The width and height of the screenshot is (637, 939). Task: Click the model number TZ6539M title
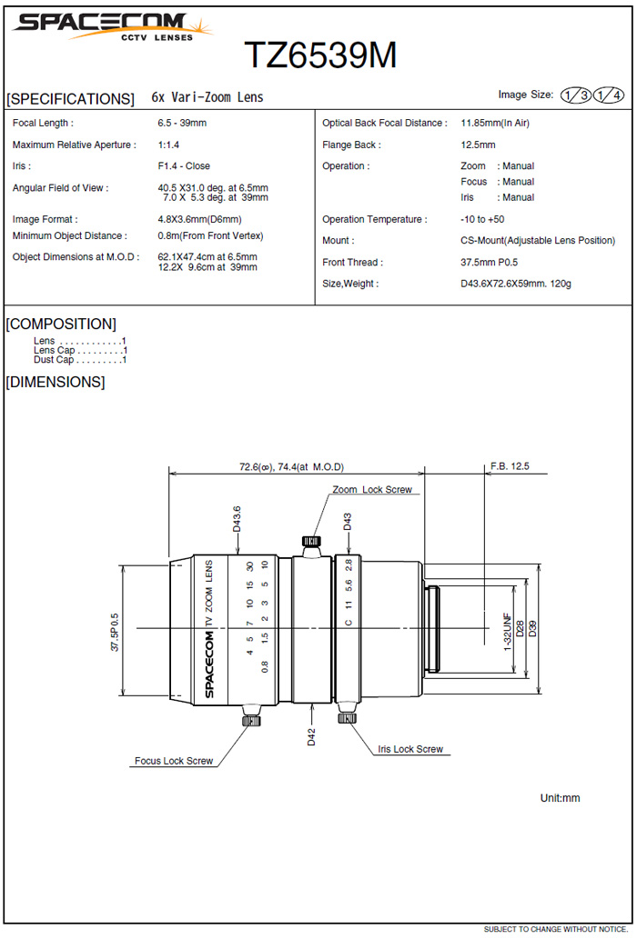(320, 55)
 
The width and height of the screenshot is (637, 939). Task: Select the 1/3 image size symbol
(576, 95)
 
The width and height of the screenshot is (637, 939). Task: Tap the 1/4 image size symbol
(608, 95)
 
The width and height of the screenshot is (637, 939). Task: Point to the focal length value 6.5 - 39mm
(182, 123)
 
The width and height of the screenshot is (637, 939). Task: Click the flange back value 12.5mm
(478, 145)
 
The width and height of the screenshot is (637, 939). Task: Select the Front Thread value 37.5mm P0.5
(489, 263)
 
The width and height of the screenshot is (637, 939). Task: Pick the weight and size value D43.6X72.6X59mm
(516, 284)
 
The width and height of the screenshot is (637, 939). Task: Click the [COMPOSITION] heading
(61, 324)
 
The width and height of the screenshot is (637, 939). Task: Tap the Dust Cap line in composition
(80, 360)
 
